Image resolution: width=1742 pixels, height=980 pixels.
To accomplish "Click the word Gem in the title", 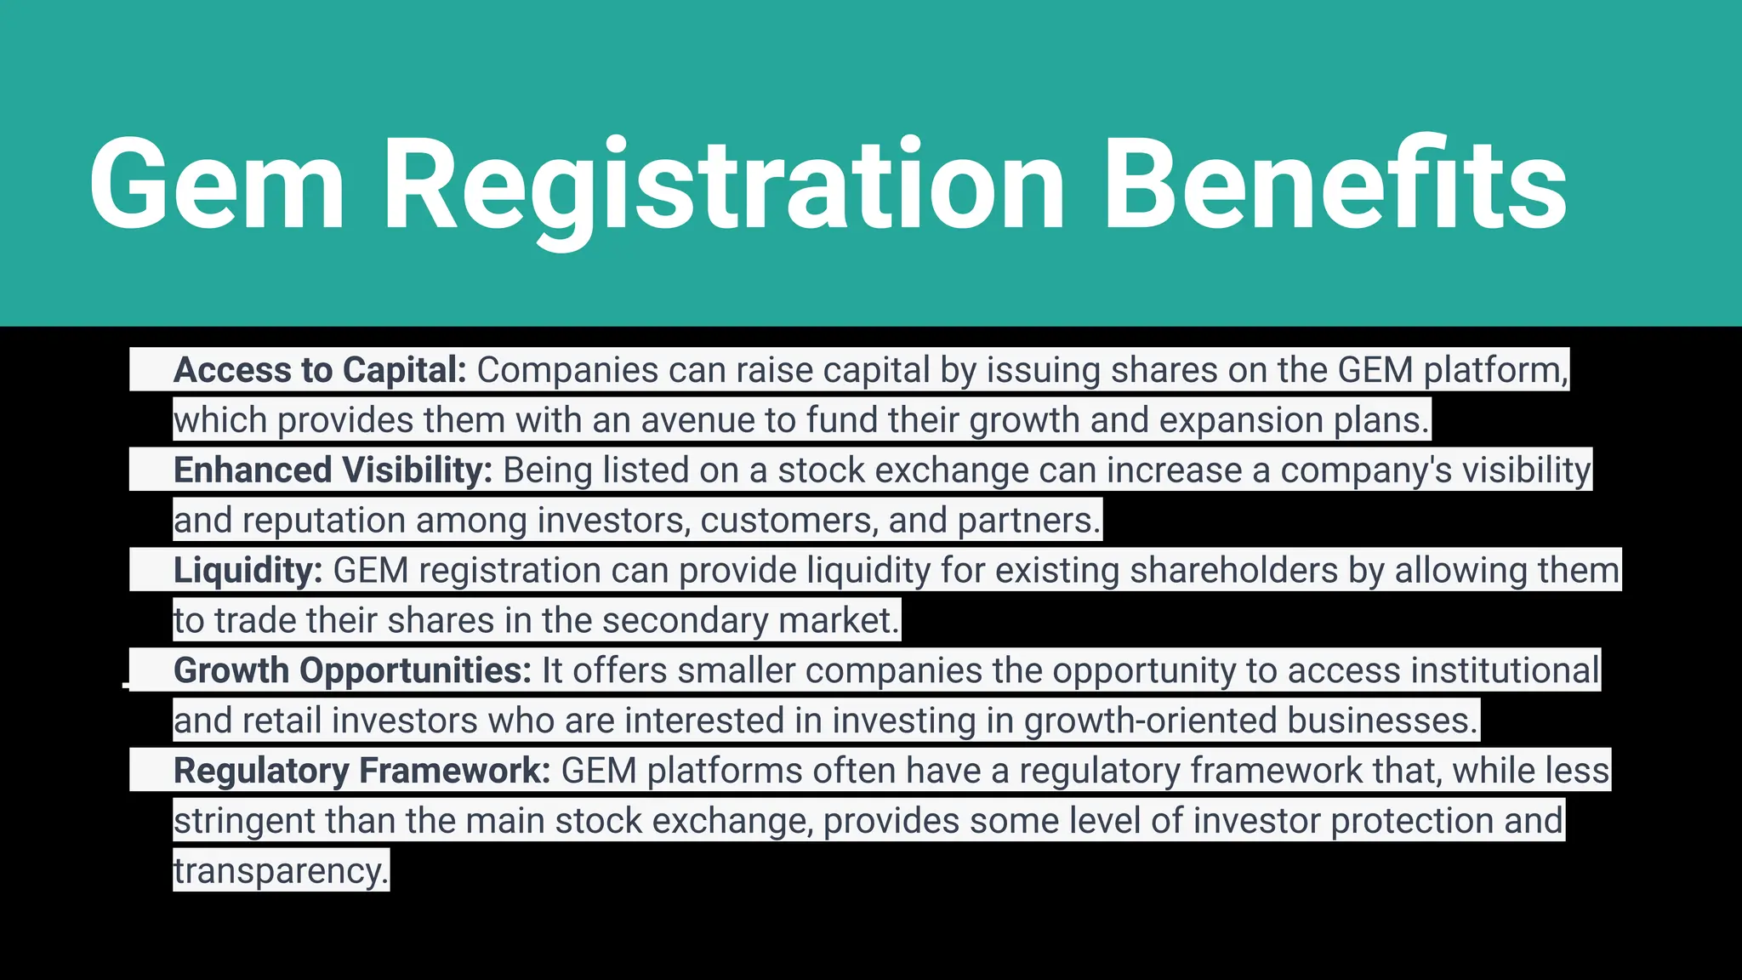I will pos(217,185).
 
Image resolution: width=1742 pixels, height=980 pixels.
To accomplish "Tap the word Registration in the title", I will pos(724,185).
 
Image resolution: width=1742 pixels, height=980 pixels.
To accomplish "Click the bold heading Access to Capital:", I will pos(320,370).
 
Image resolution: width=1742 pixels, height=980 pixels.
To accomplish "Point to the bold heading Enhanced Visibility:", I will pos(333,470).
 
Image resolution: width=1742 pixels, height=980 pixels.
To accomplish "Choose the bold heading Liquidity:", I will pos(248,571).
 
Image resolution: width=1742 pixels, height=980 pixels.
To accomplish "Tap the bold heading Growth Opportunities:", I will pos(352,670).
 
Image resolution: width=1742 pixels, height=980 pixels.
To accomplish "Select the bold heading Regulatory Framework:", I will pos(362,771).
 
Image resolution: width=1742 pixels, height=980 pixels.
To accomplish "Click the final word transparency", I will pos(281,871).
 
